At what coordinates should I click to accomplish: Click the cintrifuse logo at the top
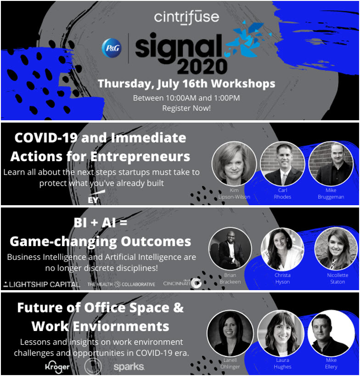[x=186, y=17]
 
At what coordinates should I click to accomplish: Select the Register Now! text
[x=186, y=108]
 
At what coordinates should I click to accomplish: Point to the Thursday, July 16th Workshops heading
[x=186, y=84]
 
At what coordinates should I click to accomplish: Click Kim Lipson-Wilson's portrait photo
[x=234, y=163]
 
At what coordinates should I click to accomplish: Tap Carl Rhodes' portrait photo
[x=282, y=163]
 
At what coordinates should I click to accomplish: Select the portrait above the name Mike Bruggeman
[x=331, y=163]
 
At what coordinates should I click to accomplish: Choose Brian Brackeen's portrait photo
[x=230, y=248]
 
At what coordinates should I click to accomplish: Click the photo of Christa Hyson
[x=282, y=248]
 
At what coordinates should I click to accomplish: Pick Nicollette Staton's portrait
[x=336, y=248]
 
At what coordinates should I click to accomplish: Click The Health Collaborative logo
[x=121, y=284]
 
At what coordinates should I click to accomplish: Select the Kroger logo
[x=57, y=366]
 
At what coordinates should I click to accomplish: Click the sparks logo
[x=129, y=367]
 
